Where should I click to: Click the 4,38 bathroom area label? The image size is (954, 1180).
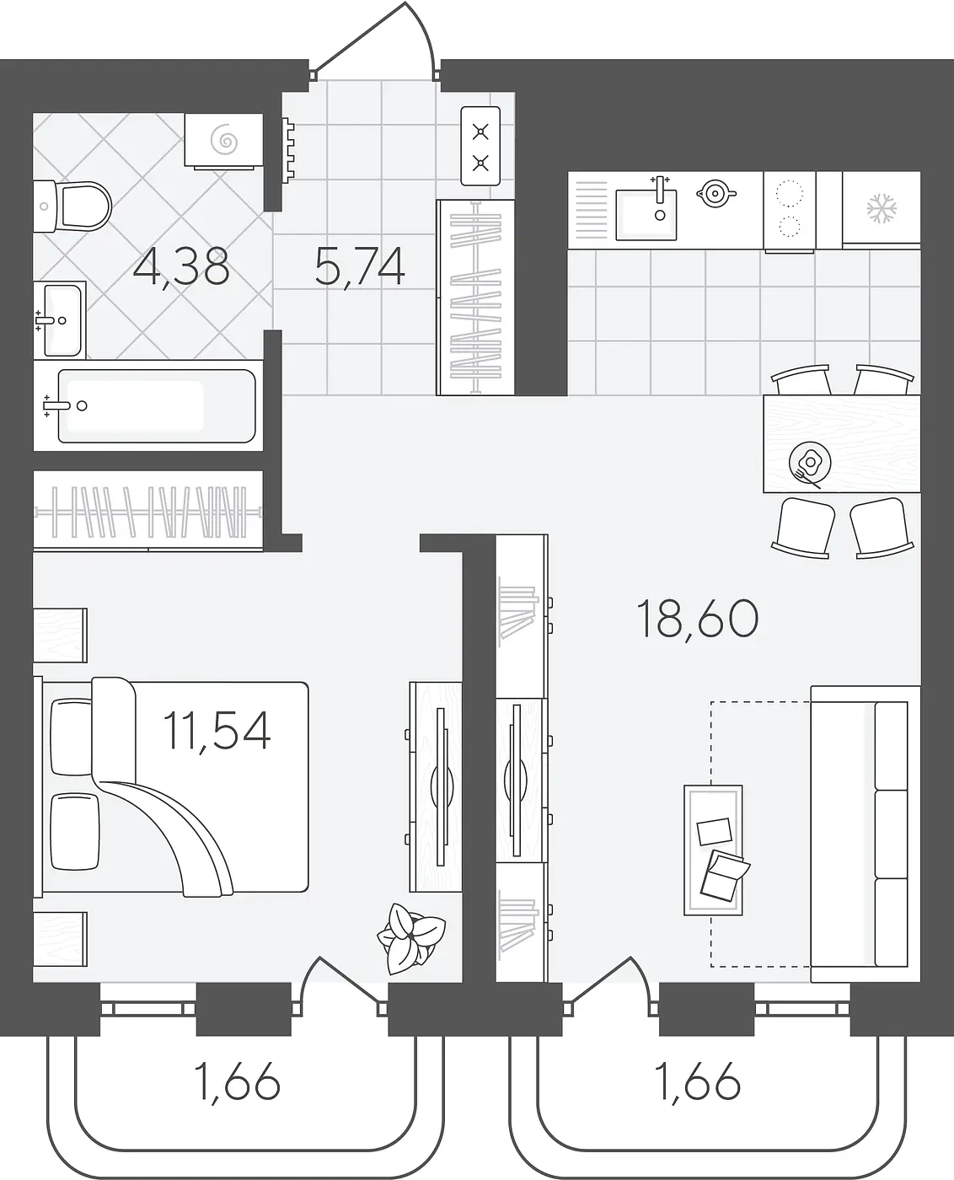pyautogui.click(x=181, y=267)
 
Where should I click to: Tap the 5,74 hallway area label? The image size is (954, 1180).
pyautogui.click(x=360, y=267)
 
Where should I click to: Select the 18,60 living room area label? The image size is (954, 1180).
pyautogui.click(x=698, y=619)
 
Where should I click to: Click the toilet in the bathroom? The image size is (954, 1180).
pyautogui.click(x=72, y=206)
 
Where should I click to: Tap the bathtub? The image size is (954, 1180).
pyautogui.click(x=148, y=405)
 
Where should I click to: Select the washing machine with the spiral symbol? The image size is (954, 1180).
pyautogui.click(x=224, y=140)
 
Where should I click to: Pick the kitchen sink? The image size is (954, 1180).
pyautogui.click(x=646, y=213)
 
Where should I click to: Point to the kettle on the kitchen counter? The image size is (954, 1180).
pyautogui.click(x=715, y=193)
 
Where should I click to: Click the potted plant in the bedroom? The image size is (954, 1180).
pyautogui.click(x=411, y=938)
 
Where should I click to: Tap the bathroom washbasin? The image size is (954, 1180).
pyautogui.click(x=60, y=320)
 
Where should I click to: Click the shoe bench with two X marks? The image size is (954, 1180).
pyautogui.click(x=480, y=147)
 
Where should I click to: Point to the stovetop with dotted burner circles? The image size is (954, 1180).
pyautogui.click(x=790, y=211)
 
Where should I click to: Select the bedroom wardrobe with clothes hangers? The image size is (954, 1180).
pyautogui.click(x=148, y=511)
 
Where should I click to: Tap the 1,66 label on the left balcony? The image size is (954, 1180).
pyautogui.click(x=238, y=1081)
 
